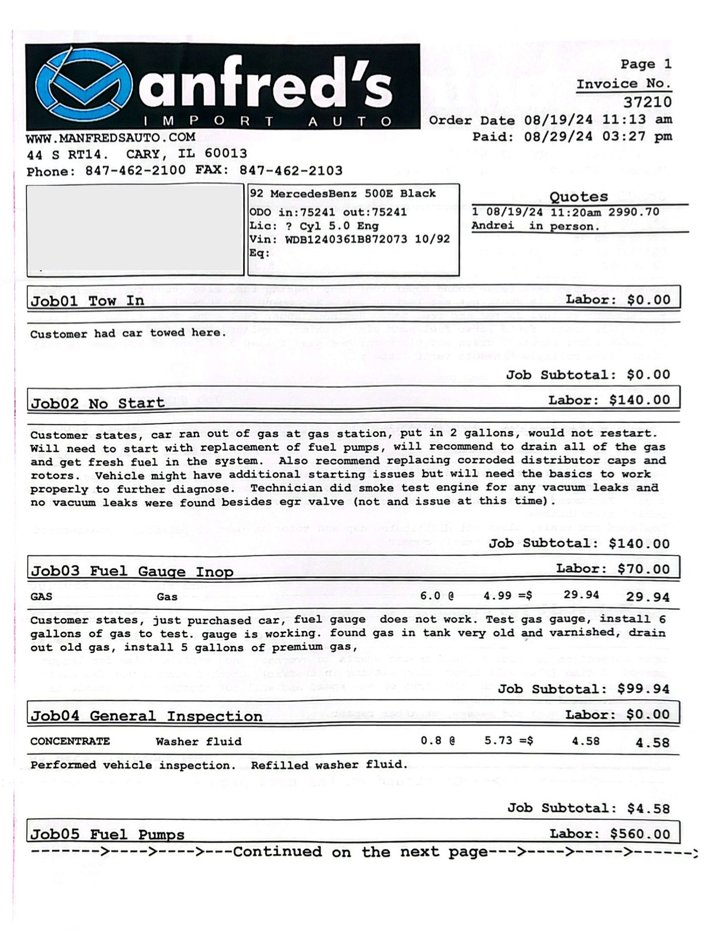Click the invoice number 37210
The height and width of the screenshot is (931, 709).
click(x=647, y=102)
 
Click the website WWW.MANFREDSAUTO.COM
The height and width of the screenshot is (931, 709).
click(x=110, y=137)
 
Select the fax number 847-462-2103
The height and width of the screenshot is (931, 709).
click(x=291, y=171)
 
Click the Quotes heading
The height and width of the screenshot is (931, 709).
click(x=578, y=197)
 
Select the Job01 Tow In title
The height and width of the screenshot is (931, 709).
click(x=87, y=301)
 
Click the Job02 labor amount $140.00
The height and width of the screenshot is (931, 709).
click(x=639, y=400)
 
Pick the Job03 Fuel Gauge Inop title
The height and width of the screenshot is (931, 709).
click(x=132, y=571)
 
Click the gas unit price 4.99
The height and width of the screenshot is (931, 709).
click(x=497, y=596)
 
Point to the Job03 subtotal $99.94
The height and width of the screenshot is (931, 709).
click(x=644, y=689)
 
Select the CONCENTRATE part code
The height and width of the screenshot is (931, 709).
click(x=70, y=741)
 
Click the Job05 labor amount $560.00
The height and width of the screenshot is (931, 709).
click(x=640, y=834)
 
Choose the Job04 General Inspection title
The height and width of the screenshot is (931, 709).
click(x=146, y=716)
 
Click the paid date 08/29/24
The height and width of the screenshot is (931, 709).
click(x=558, y=136)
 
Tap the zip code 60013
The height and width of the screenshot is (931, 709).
click(x=226, y=154)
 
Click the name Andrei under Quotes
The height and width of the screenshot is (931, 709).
click(x=492, y=226)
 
